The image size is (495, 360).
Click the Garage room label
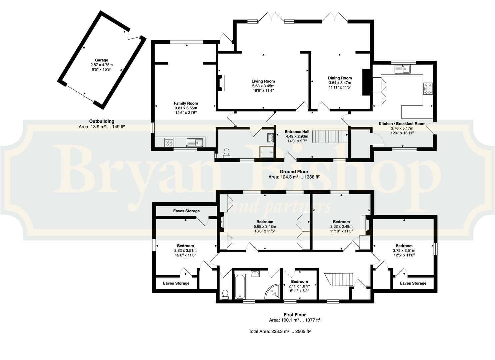pos(101,60)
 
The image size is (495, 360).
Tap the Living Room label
pos(263,81)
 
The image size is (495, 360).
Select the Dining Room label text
pos(340,78)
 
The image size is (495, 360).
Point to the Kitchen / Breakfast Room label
pos(402,124)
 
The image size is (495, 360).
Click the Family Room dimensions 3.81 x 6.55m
pos(186,108)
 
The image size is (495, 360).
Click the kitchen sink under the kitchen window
pos(402,69)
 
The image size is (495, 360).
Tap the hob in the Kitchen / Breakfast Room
pos(428,89)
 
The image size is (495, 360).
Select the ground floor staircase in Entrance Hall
pos(330,137)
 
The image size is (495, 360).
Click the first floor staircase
pos(339,280)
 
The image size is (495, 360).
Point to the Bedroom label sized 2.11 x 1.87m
pos(299,282)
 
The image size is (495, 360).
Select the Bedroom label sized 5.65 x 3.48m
pos(265,222)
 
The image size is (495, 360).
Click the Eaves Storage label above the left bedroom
pos(186,211)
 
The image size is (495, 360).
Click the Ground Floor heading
pos(294,171)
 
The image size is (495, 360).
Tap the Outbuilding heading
pos(102,121)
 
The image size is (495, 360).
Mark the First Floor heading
pos(295,315)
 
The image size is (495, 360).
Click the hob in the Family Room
pos(169,142)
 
